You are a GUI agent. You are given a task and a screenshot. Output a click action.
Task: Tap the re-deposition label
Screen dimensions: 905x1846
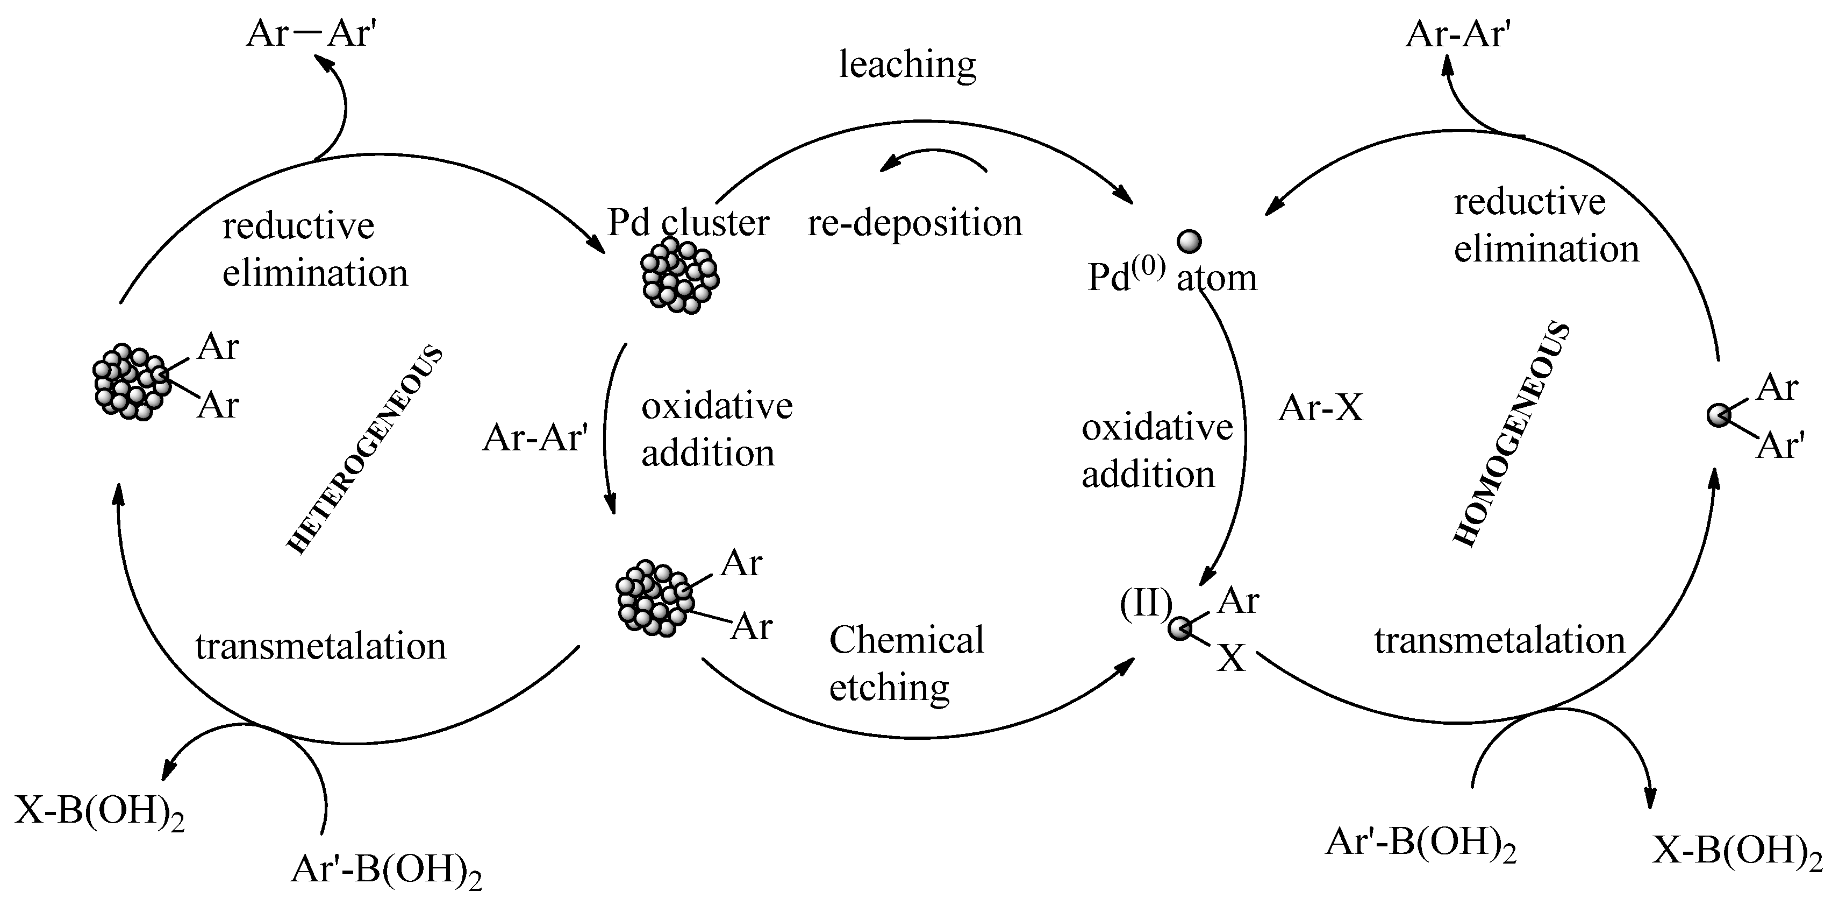pos(914,223)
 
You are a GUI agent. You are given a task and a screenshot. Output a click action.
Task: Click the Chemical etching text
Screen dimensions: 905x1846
pos(906,663)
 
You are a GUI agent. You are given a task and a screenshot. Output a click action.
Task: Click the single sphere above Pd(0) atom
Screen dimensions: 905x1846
pos(1190,241)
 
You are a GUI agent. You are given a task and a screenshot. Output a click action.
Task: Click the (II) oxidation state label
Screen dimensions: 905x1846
pos(1145,603)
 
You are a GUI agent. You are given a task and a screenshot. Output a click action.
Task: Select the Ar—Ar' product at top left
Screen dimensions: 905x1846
pos(311,34)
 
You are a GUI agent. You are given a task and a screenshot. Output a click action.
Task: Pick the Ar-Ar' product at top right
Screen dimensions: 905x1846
pos(1458,34)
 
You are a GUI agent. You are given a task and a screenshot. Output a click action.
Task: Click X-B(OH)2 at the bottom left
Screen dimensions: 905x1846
pos(99,812)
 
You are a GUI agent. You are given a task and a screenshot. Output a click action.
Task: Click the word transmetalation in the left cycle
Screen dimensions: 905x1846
pos(320,646)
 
